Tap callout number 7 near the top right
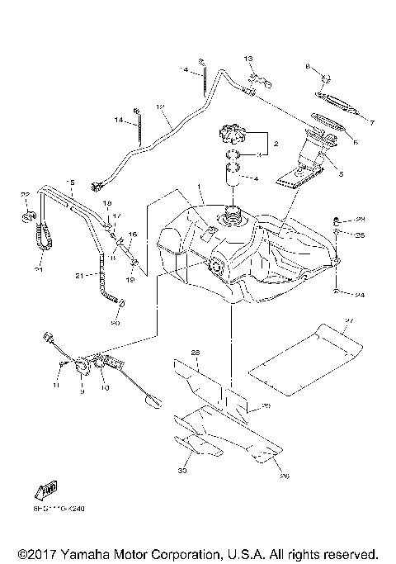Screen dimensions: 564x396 point(371,123)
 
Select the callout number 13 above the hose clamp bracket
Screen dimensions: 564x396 point(247,59)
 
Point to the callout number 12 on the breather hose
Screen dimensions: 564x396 point(160,107)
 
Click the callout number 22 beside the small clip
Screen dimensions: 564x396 point(25,194)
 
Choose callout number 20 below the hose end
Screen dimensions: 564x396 point(115,323)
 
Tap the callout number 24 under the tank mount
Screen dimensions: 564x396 point(360,293)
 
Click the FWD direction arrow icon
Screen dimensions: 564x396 point(45,489)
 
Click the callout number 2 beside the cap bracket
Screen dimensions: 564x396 point(276,144)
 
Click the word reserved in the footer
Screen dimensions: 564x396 point(348,552)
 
